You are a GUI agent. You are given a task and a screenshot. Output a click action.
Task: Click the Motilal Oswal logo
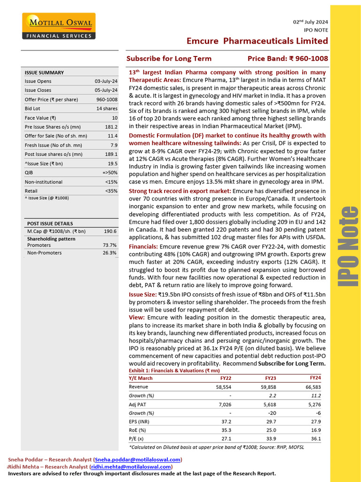pyautogui.click(x=59, y=26)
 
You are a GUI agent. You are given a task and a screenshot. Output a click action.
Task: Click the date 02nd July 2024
pyautogui.click(x=310, y=22)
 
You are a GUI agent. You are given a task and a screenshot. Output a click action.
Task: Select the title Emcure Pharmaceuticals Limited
pyautogui.click(x=257, y=41)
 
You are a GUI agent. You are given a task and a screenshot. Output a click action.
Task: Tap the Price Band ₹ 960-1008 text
pyautogui.click(x=288, y=59)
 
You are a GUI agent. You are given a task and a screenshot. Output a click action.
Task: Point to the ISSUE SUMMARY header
pyautogui.click(x=44, y=72)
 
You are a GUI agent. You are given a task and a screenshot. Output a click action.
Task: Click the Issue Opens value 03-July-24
pyautogui.click(x=106, y=81)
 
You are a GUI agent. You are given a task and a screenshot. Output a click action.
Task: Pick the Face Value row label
pyautogui.click(x=40, y=118)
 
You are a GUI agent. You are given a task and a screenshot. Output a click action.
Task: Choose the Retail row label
pyautogui.click(x=31, y=191)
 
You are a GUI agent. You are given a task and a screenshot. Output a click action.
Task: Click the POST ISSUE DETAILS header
pyautogui.click(x=50, y=224)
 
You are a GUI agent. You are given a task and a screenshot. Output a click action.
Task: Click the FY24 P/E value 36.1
pyautogui.click(x=316, y=439)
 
